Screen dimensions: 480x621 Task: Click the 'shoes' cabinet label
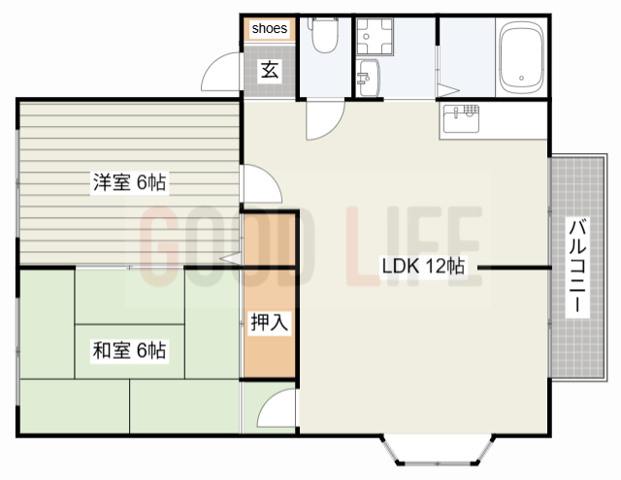click(x=269, y=29)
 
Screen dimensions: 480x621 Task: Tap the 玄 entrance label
click(x=270, y=70)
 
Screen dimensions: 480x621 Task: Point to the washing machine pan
click(x=374, y=38)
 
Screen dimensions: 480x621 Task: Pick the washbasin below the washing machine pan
click(x=368, y=75)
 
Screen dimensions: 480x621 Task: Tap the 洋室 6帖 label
click(x=127, y=182)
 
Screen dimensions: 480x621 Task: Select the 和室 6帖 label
click(x=128, y=350)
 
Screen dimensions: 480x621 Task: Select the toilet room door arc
click(x=323, y=120)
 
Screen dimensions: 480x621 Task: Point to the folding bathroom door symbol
click(x=447, y=91)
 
